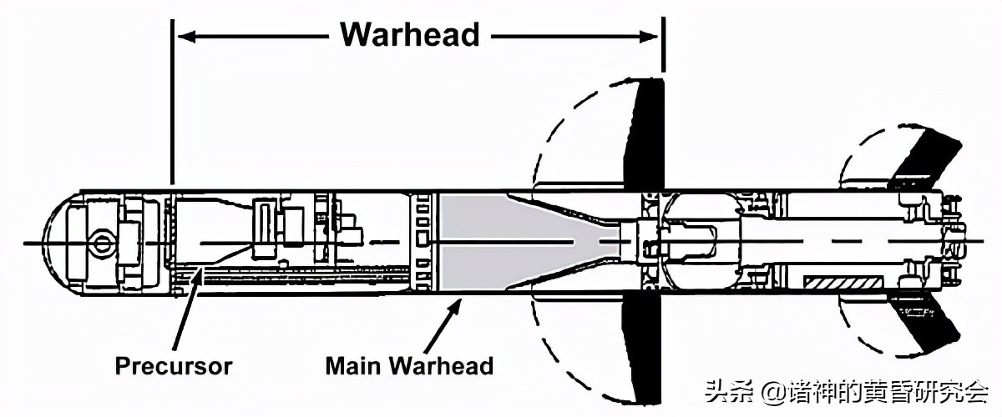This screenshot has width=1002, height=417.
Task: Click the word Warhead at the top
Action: [x=410, y=35]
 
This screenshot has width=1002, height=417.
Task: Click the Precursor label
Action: [x=174, y=365]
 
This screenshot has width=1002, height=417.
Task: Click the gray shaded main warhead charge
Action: [x=501, y=242]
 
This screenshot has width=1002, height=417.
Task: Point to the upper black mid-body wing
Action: [x=645, y=133]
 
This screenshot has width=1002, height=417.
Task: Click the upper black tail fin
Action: [x=923, y=158]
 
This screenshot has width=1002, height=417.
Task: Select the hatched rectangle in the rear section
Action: [x=841, y=284]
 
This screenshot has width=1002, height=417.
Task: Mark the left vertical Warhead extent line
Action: [x=171, y=100]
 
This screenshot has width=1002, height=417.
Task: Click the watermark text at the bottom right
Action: [x=848, y=390]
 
